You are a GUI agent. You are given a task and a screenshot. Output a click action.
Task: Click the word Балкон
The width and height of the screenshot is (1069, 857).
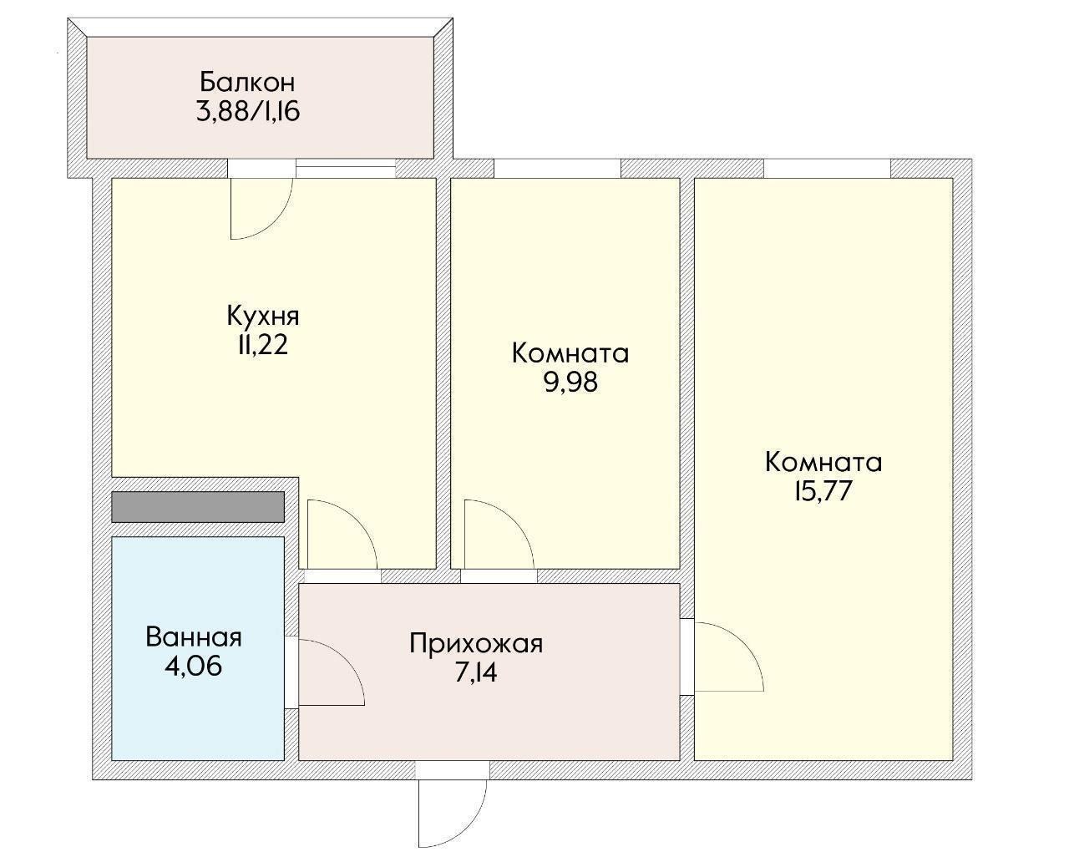coord(247,82)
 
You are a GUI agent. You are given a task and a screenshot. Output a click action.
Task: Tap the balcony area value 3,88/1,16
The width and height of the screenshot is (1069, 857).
coord(248,112)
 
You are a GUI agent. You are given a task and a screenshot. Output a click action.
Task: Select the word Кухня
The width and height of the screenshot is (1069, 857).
coord(263,316)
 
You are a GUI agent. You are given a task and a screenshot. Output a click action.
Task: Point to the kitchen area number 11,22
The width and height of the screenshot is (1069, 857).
coord(263,345)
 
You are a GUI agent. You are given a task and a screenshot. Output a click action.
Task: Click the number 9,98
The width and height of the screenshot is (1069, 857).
coord(570,383)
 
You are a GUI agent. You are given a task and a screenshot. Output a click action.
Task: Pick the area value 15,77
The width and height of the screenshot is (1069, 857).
coord(823,491)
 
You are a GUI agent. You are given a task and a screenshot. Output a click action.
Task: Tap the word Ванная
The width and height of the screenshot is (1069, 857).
coord(194,637)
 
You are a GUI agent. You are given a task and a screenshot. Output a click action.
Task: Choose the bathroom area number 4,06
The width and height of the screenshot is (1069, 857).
coord(194,667)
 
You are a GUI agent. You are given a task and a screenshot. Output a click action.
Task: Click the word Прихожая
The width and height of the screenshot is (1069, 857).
coord(476,644)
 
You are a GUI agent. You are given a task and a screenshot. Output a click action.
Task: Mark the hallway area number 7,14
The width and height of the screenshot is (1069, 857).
coord(476,673)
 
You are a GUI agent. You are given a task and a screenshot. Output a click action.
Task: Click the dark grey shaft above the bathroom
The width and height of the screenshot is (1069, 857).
coord(198,507)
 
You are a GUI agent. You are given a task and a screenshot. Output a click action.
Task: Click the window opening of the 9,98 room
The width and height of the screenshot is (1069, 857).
coord(557,168)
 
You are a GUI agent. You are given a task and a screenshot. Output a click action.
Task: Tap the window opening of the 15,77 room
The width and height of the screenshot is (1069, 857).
coord(827,168)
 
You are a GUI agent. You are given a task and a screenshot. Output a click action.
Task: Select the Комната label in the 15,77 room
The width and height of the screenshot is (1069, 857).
coord(823,462)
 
